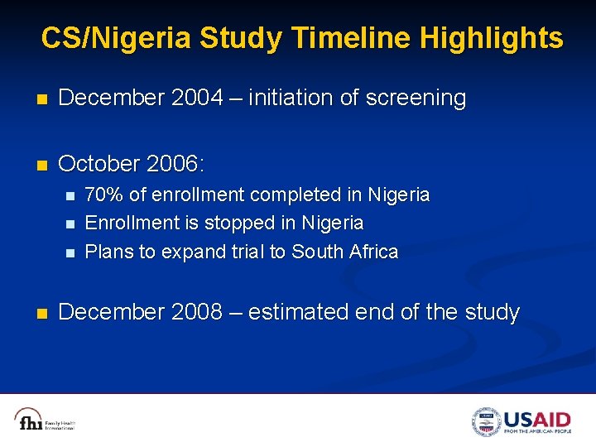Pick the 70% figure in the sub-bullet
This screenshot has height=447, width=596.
coord(103,195)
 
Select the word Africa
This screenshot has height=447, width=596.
coord(373,252)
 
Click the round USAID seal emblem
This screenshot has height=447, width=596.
coord(487,421)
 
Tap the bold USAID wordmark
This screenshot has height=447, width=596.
coord(537,418)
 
